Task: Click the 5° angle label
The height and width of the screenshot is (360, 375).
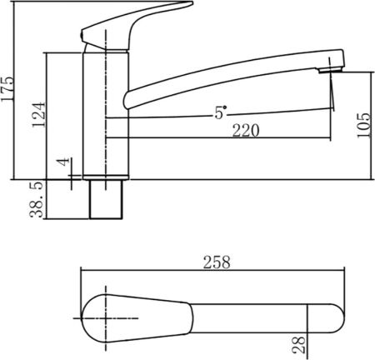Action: (220, 112)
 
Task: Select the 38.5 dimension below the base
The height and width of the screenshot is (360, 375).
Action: (36, 200)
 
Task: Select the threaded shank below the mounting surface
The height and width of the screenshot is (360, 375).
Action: (106, 199)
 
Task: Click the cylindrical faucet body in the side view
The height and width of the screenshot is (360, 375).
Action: (106, 117)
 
